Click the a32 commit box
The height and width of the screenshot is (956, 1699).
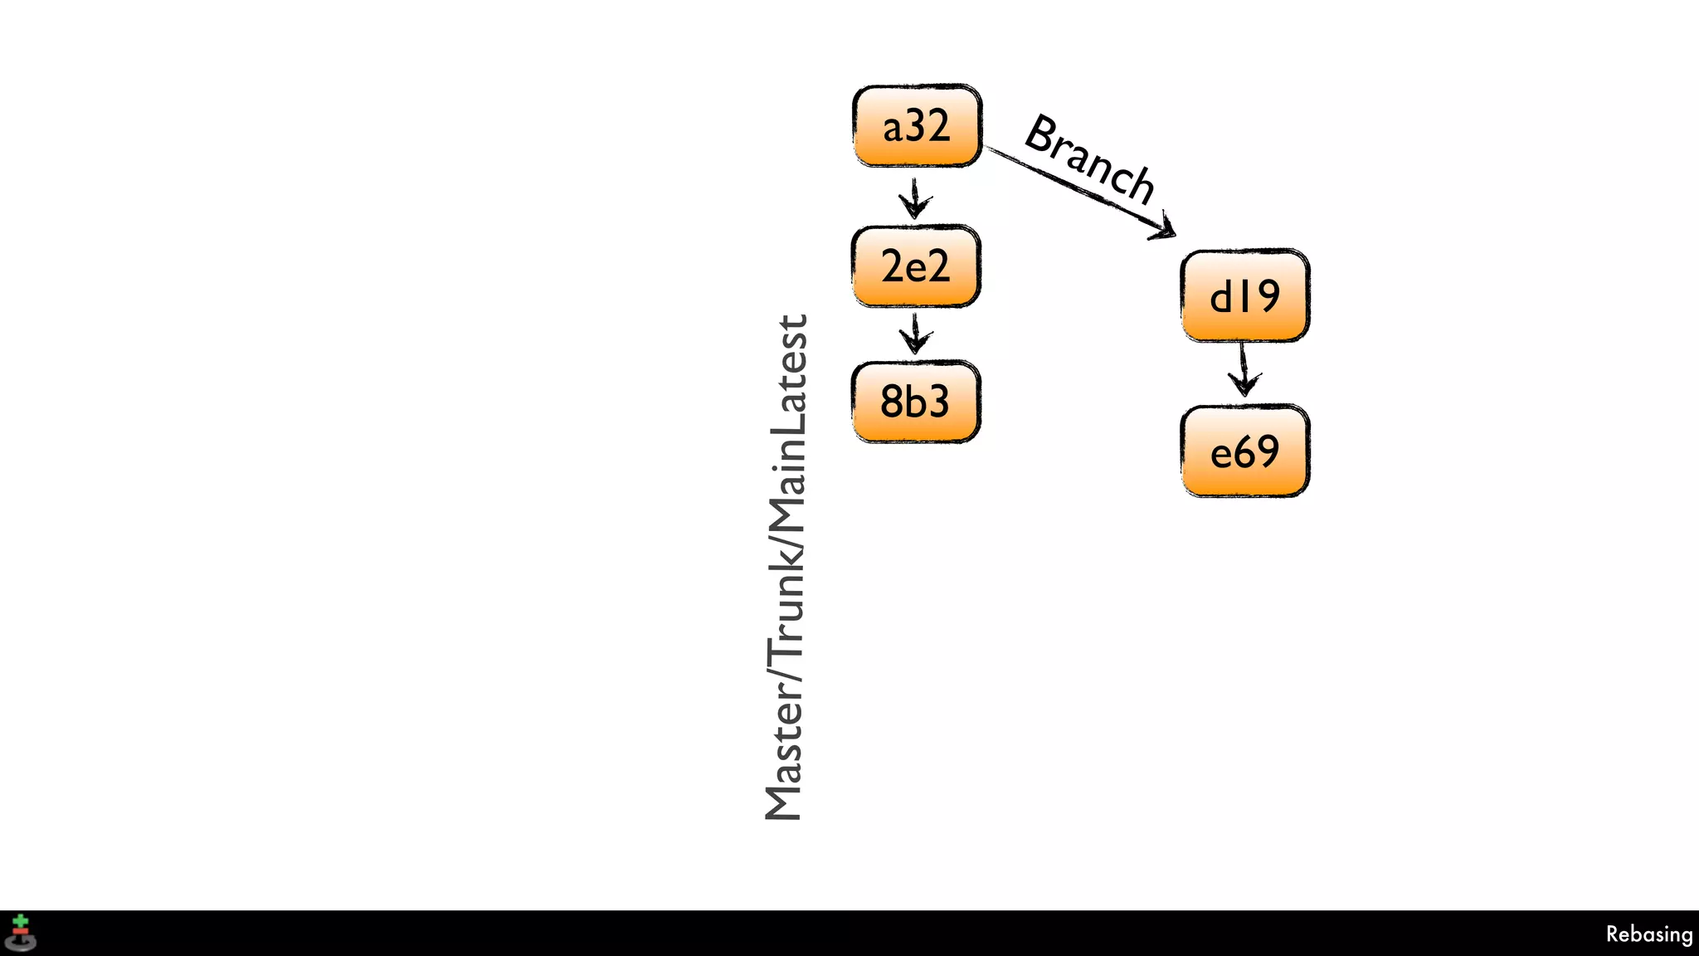[x=917, y=126]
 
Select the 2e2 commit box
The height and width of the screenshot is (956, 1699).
[x=916, y=266]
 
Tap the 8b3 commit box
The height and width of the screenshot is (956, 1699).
[x=916, y=402]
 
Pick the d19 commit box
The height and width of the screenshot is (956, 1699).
[x=1244, y=295]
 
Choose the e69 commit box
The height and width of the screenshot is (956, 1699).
[x=1244, y=451]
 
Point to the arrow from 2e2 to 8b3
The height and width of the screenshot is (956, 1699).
[x=915, y=334]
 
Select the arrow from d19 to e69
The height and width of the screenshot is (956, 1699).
[x=1244, y=372]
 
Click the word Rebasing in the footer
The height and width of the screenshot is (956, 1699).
[x=1648, y=934]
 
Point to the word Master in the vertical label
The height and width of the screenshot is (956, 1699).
[x=785, y=754]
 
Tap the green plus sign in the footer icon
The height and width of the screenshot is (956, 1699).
[x=21, y=921]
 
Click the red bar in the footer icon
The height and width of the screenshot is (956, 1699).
[x=21, y=932]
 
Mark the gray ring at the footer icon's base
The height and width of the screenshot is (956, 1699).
[x=21, y=944]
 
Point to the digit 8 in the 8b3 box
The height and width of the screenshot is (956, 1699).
[x=891, y=402]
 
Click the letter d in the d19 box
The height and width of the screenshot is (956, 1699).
[x=1221, y=296]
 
